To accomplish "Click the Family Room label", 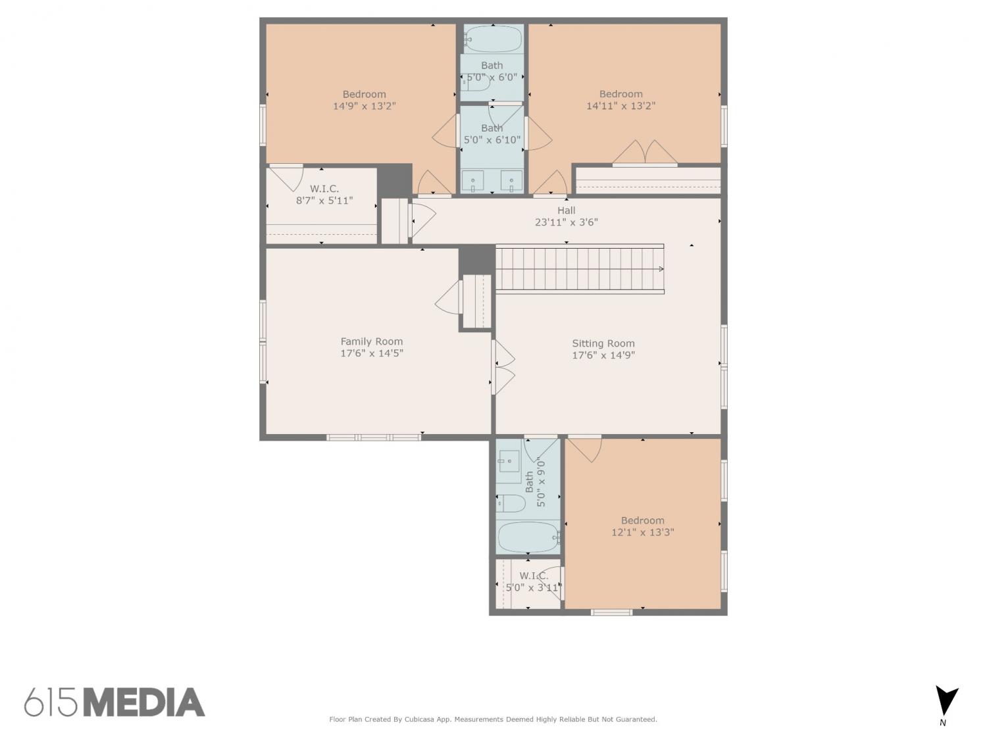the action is [x=371, y=341].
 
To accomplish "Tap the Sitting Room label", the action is [x=603, y=343].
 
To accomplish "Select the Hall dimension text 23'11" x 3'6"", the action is [x=566, y=222].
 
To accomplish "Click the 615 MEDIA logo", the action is [x=114, y=703].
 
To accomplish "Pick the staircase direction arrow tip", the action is [x=663, y=269].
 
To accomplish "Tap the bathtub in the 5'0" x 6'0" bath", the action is [x=493, y=39].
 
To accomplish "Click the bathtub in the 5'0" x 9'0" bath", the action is [x=528, y=537].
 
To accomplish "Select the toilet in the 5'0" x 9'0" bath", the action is [x=511, y=503].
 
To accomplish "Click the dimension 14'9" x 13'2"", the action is [x=365, y=106].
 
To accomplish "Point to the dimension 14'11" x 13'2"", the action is [x=620, y=106].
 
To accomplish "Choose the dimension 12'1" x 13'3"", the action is [x=643, y=532].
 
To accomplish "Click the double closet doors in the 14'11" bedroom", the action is [x=645, y=153].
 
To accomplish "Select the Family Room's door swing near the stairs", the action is [x=448, y=297].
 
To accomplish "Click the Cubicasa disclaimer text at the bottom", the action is [x=493, y=720].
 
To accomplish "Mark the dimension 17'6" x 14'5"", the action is [x=371, y=353].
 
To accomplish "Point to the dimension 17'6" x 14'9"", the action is [x=603, y=355].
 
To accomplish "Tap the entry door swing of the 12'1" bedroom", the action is [x=584, y=449].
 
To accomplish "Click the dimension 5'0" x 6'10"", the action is [x=492, y=139].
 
